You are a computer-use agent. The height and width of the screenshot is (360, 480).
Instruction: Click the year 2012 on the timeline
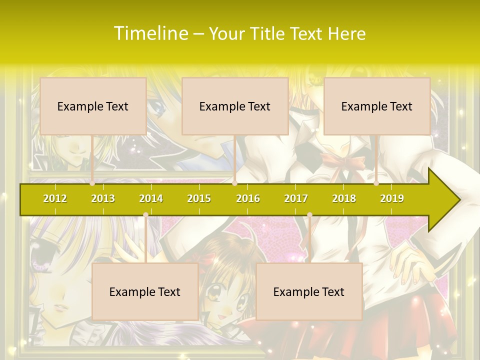point(55,198)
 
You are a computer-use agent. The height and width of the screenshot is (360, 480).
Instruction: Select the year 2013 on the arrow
point(103,198)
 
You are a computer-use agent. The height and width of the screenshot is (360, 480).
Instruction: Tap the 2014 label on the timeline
point(151,198)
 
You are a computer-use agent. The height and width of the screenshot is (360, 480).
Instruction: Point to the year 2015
point(199,198)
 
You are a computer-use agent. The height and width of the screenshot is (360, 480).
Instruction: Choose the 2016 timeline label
point(248,198)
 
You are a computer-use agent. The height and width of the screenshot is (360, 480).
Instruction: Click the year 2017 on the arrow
point(296,198)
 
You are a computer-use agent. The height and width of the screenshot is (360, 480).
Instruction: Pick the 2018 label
point(344,198)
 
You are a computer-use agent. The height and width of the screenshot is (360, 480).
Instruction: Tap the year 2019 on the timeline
point(392,198)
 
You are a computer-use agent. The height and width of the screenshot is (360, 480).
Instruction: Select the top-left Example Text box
point(93,106)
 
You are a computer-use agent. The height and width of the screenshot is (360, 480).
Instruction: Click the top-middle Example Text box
point(235,106)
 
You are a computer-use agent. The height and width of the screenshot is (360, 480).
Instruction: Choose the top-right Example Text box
point(377,106)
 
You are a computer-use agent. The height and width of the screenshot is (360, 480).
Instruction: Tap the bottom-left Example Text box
point(145,291)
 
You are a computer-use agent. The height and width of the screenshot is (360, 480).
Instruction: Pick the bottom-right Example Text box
point(309,291)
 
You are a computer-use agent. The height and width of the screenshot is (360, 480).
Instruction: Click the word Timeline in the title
point(150,33)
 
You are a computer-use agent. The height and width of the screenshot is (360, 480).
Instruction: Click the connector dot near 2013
point(92,183)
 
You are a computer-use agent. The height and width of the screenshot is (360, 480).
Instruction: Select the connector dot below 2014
point(145,215)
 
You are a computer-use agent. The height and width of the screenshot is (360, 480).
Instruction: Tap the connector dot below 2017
point(309,215)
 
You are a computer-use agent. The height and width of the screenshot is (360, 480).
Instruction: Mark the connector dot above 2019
point(376,183)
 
